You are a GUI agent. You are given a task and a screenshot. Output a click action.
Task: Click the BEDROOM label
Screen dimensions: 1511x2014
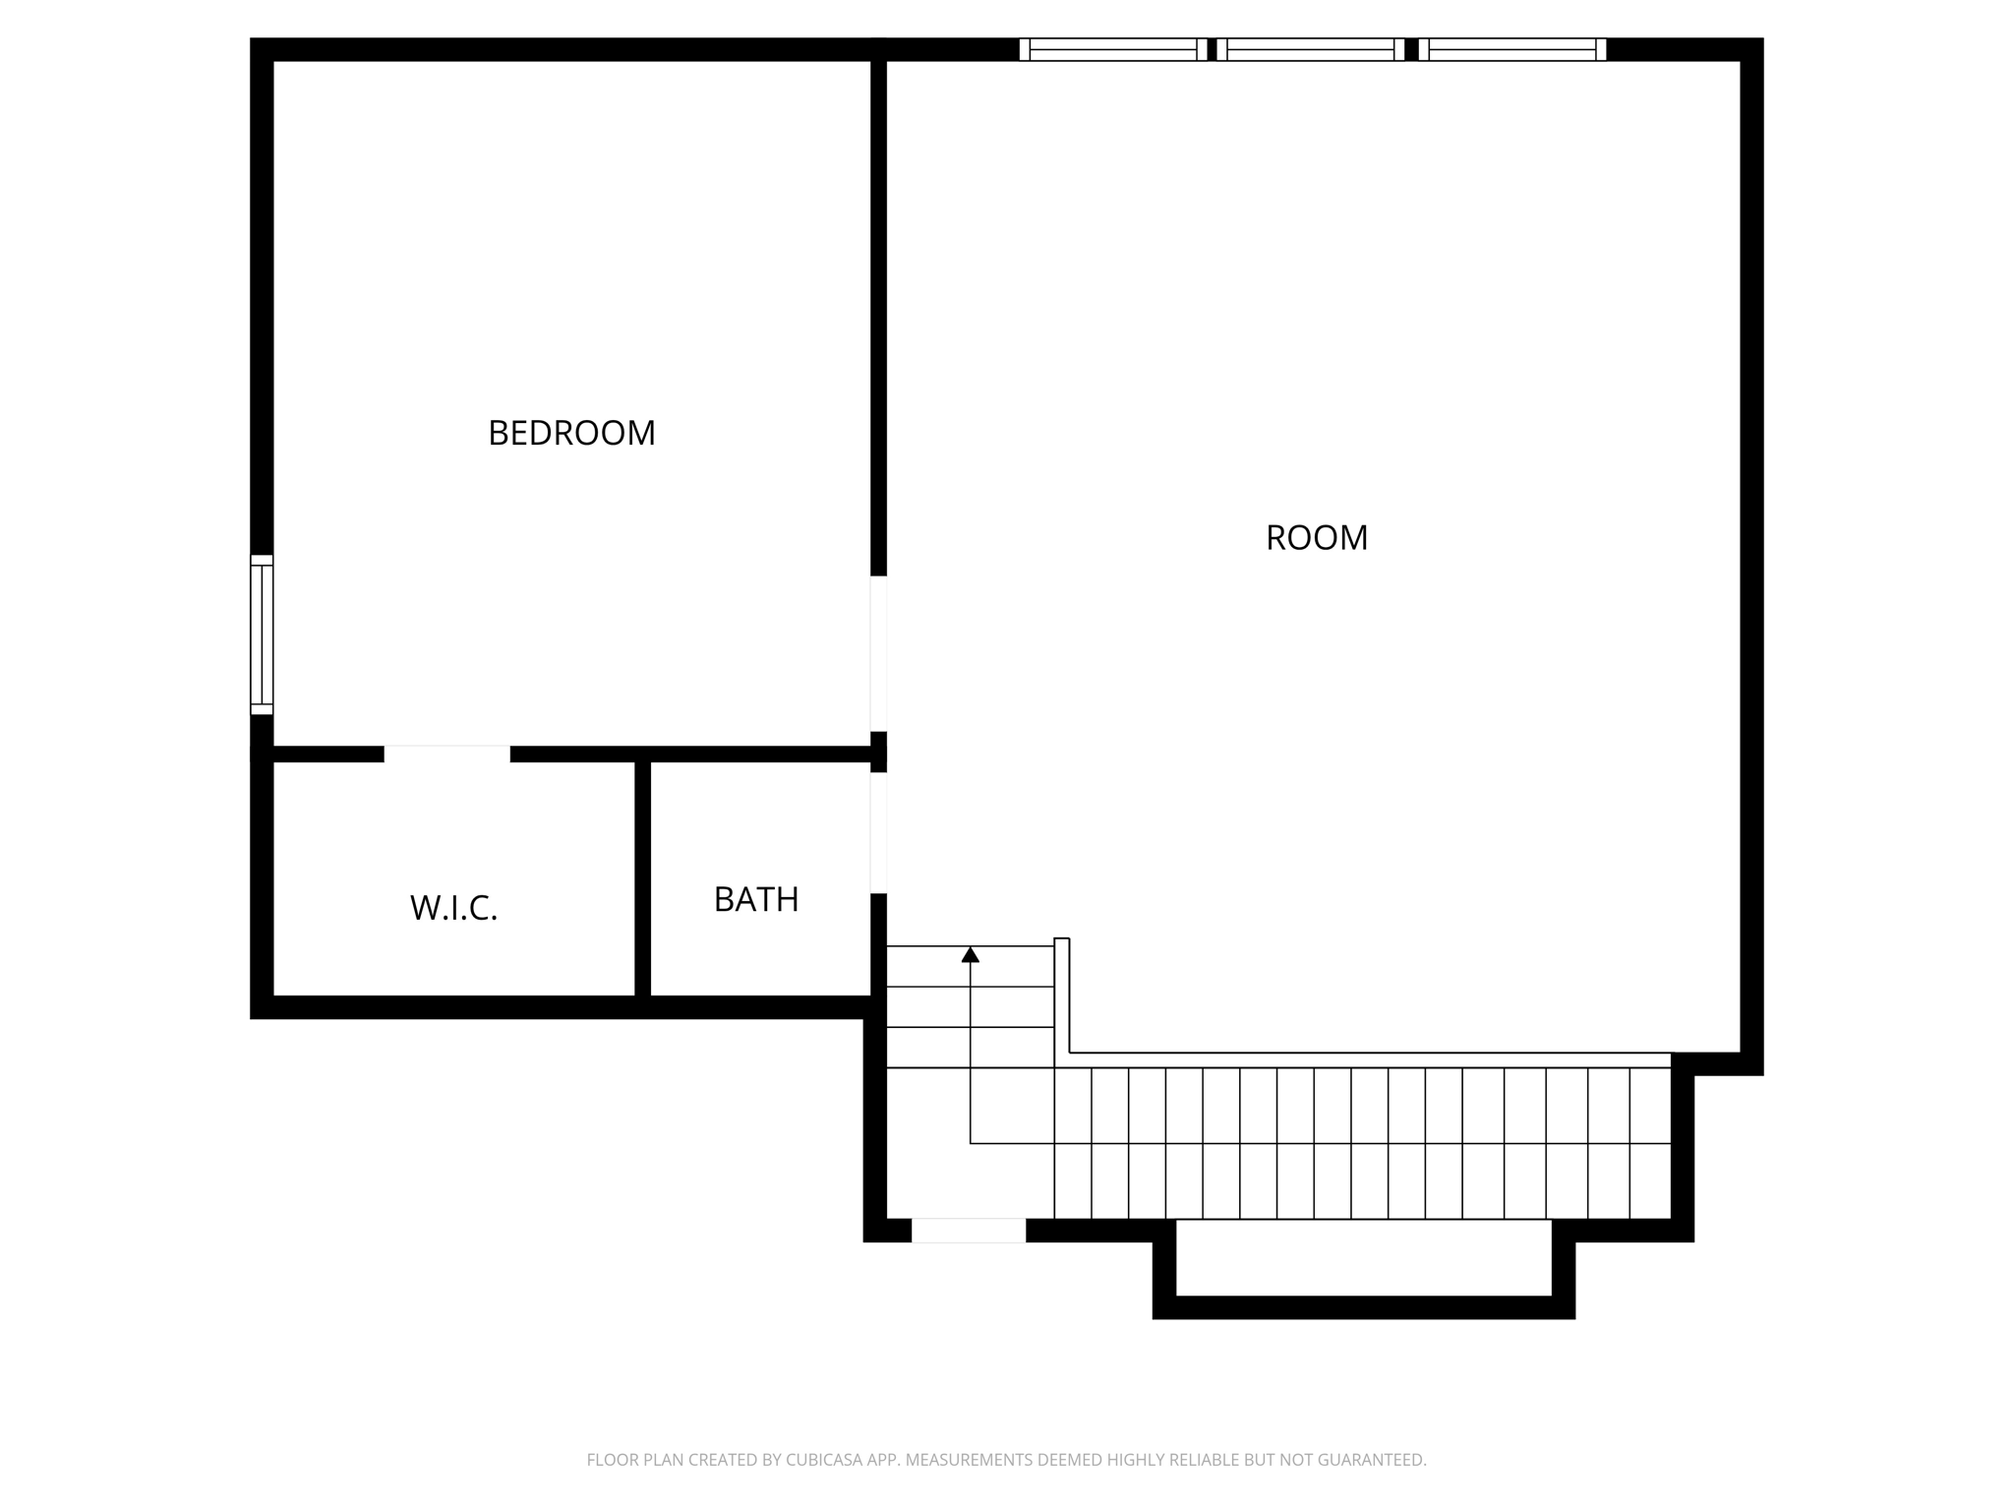[571, 433]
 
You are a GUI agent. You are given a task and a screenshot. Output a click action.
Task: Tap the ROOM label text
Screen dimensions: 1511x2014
[1316, 538]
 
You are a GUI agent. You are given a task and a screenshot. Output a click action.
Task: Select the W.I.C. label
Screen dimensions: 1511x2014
[453, 908]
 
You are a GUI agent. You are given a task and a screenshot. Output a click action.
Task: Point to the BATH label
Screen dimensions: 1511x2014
[755, 899]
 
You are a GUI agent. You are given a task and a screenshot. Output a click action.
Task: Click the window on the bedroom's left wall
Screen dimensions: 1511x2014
[262, 635]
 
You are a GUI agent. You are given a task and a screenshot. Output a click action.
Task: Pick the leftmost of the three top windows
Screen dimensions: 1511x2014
[1112, 49]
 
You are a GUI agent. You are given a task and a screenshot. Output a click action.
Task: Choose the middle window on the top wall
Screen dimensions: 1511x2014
[1311, 49]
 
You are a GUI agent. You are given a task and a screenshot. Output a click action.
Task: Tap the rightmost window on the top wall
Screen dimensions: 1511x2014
[1512, 49]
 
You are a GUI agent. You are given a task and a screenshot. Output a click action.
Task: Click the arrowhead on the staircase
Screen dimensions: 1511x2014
[971, 954]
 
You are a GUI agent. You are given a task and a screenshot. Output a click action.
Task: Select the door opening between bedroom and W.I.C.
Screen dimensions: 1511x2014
[447, 754]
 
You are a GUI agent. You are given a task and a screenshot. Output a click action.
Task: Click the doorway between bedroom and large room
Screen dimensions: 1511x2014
[878, 653]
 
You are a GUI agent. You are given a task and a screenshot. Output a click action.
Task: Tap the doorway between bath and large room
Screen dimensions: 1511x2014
[878, 832]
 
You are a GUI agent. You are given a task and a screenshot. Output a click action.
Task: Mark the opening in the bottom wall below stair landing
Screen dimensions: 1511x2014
[969, 1230]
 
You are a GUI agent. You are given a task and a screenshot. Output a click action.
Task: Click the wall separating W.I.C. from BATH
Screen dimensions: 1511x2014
[642, 878]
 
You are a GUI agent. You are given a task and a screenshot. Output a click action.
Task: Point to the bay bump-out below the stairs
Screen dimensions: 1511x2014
[1363, 1269]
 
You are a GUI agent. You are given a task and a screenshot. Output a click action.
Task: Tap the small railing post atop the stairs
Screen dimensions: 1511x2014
[1061, 942]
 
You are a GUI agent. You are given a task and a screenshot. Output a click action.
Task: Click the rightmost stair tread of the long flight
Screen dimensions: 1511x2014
[1650, 1143]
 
